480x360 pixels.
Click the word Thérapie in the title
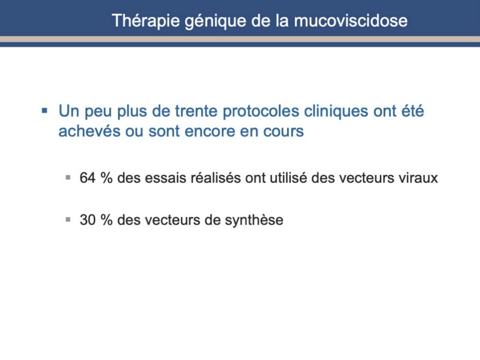coord(146,21)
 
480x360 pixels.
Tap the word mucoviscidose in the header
coord(351,21)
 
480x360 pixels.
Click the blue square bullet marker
coord(45,110)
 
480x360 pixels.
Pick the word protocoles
coord(261,112)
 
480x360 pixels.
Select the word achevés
coord(89,131)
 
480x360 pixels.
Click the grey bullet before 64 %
coord(68,177)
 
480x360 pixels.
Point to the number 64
coord(88,178)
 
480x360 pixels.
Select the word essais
coord(165,178)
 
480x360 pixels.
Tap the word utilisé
coord(288,178)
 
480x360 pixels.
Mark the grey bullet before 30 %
coord(68,219)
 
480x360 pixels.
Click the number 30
coord(88,220)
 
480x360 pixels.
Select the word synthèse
coord(254,220)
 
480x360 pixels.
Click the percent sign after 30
coord(106,220)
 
